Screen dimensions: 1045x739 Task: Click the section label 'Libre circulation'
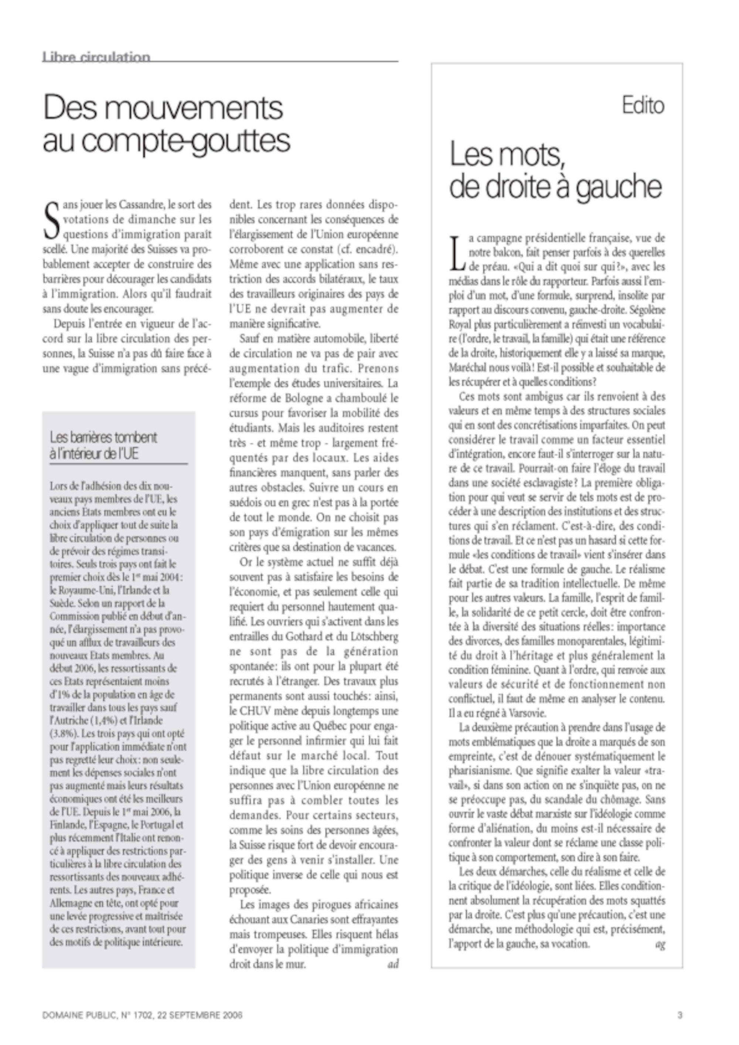96,57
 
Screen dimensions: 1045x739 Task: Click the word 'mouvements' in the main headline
196,107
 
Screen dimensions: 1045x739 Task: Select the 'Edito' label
643,105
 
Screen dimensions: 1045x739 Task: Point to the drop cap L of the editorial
457,253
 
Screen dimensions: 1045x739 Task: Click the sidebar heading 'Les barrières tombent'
103,438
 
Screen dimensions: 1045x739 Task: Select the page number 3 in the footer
680,1015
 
